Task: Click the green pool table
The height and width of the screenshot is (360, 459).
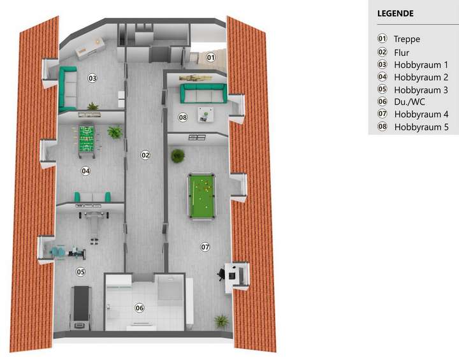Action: click(x=203, y=196)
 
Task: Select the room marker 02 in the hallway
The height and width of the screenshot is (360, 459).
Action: click(x=145, y=155)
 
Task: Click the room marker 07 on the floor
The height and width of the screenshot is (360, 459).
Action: click(x=205, y=247)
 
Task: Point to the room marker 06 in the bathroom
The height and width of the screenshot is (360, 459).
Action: click(x=140, y=308)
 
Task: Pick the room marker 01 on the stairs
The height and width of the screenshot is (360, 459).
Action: click(x=210, y=57)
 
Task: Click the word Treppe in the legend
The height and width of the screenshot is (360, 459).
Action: click(x=407, y=40)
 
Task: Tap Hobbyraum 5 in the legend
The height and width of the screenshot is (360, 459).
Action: click(x=421, y=127)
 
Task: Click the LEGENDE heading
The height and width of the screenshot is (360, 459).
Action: click(x=395, y=13)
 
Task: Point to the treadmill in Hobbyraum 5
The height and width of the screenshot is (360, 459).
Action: click(x=81, y=306)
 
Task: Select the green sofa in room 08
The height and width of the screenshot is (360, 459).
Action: click(x=202, y=94)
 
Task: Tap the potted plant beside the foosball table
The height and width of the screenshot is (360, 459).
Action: click(x=115, y=132)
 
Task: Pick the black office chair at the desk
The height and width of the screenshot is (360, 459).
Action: click(x=221, y=273)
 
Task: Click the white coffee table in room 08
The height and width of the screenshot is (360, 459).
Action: click(x=205, y=114)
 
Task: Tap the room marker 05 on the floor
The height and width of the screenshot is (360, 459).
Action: click(x=81, y=272)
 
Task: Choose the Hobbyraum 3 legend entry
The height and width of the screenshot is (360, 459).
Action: click(x=421, y=90)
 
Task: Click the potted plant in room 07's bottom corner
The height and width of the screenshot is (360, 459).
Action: click(x=221, y=320)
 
